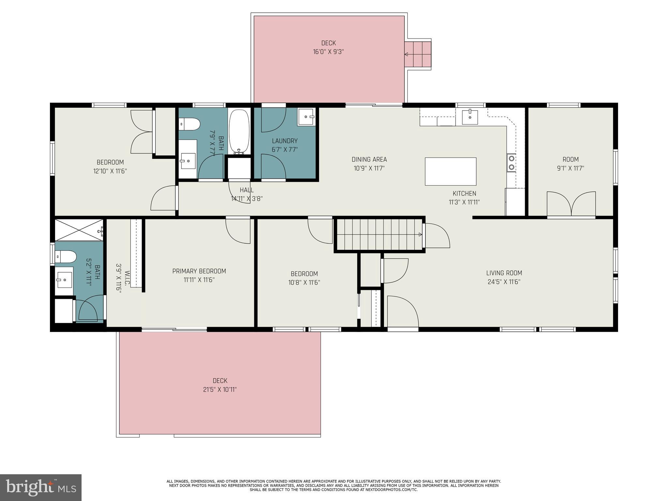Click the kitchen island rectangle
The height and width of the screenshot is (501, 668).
(450, 171)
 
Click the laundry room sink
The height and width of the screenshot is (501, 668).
(306, 116)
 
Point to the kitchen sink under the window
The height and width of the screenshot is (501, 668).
(470, 117)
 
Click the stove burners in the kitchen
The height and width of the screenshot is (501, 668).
(511, 163)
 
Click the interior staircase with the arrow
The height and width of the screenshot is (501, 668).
(378, 235)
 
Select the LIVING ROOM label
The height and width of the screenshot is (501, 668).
(504, 273)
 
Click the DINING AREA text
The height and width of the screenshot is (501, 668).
(369, 159)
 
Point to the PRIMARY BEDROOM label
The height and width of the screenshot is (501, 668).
(199, 271)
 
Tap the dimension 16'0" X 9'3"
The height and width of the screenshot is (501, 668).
(328, 52)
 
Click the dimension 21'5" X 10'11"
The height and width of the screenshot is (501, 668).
(220, 389)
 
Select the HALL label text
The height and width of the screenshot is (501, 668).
(247, 190)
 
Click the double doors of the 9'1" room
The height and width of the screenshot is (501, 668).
(571, 204)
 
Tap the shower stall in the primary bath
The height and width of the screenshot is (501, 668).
(79, 230)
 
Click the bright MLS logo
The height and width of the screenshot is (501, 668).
(41, 487)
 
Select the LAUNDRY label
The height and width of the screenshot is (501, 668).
(285, 141)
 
